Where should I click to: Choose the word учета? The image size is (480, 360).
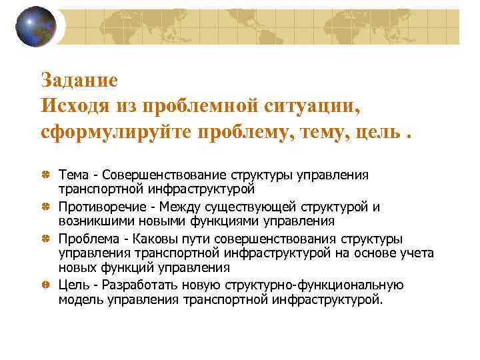pos(417,253)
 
